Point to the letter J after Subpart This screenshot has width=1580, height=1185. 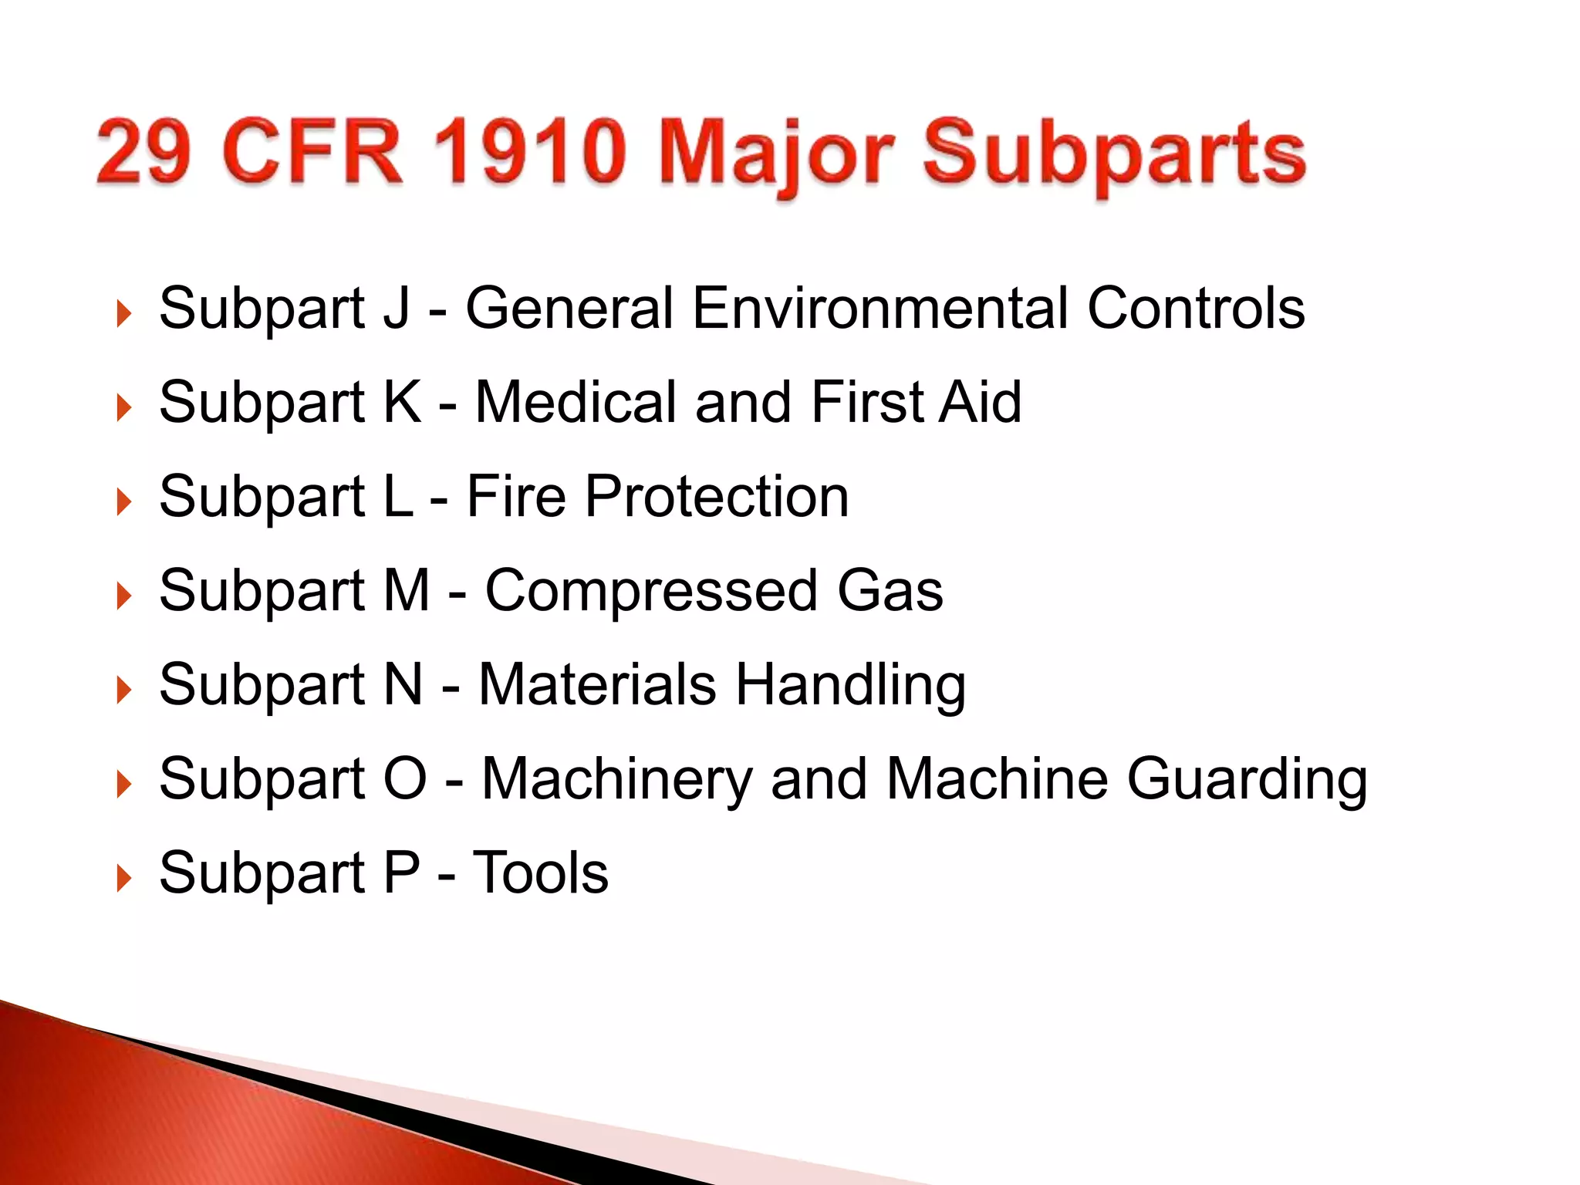click(x=396, y=308)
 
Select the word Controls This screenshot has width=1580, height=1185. click(x=1195, y=308)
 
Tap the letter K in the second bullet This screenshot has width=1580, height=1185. click(x=402, y=402)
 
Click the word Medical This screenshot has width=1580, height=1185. click(x=576, y=402)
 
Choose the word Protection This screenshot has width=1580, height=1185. click(x=717, y=496)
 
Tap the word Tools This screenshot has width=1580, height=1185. click(x=540, y=873)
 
